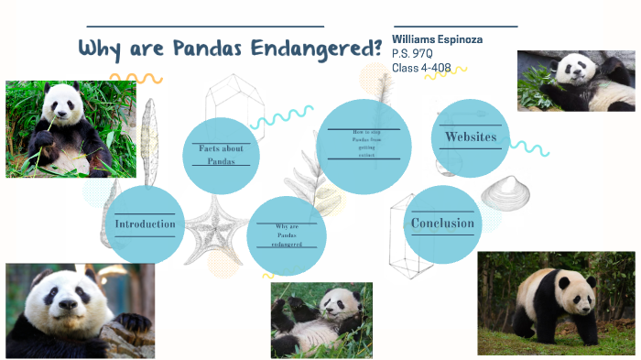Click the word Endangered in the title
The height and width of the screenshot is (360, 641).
(x=319, y=49)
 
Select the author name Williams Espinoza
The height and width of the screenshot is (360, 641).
(x=437, y=40)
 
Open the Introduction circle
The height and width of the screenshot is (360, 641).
(x=145, y=224)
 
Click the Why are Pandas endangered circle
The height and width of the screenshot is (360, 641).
(x=287, y=235)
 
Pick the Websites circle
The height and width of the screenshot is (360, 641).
(x=470, y=138)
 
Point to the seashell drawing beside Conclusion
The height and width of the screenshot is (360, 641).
(x=500, y=192)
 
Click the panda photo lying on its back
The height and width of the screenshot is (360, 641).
(x=321, y=320)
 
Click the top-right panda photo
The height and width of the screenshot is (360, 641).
(x=576, y=81)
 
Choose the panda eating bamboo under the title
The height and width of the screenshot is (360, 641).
(x=71, y=129)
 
